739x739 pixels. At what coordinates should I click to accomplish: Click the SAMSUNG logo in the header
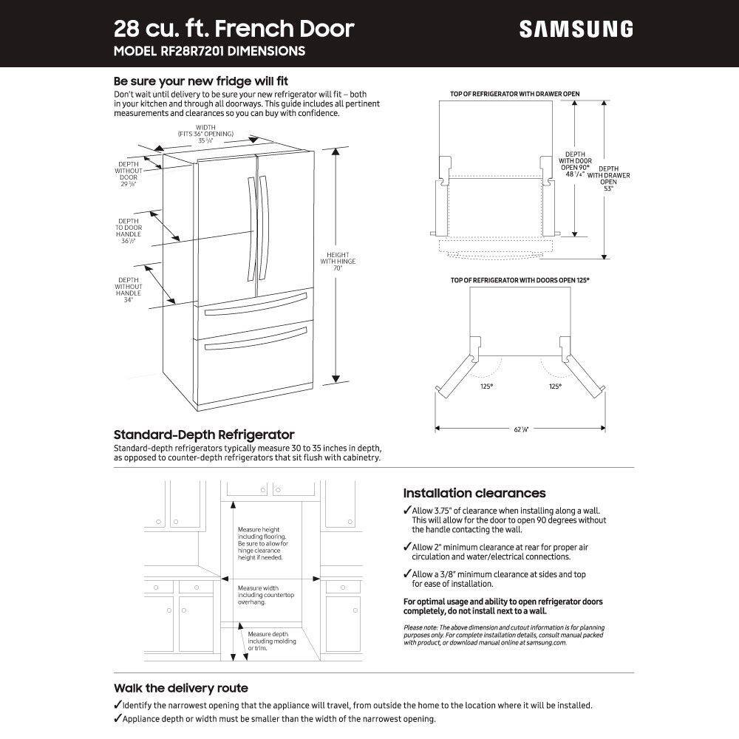[576, 29]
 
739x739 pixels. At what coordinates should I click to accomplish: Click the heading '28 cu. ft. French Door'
[234, 28]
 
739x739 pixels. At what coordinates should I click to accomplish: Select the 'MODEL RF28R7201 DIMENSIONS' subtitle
[209, 52]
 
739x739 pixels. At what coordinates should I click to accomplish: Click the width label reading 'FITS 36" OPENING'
[205, 133]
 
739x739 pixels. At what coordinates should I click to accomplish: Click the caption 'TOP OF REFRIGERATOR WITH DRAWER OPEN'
[514, 94]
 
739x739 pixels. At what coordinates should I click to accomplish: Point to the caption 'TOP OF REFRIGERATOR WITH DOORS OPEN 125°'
[520, 281]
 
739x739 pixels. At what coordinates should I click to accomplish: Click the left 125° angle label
[487, 386]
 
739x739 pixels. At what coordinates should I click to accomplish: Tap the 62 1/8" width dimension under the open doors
[521, 429]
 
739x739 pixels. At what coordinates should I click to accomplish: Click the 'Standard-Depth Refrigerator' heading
[204, 435]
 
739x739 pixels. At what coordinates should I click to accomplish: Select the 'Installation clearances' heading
[474, 493]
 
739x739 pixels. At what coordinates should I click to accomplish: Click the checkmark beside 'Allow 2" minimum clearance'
[407, 548]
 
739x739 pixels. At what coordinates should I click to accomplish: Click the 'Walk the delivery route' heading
[180, 688]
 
